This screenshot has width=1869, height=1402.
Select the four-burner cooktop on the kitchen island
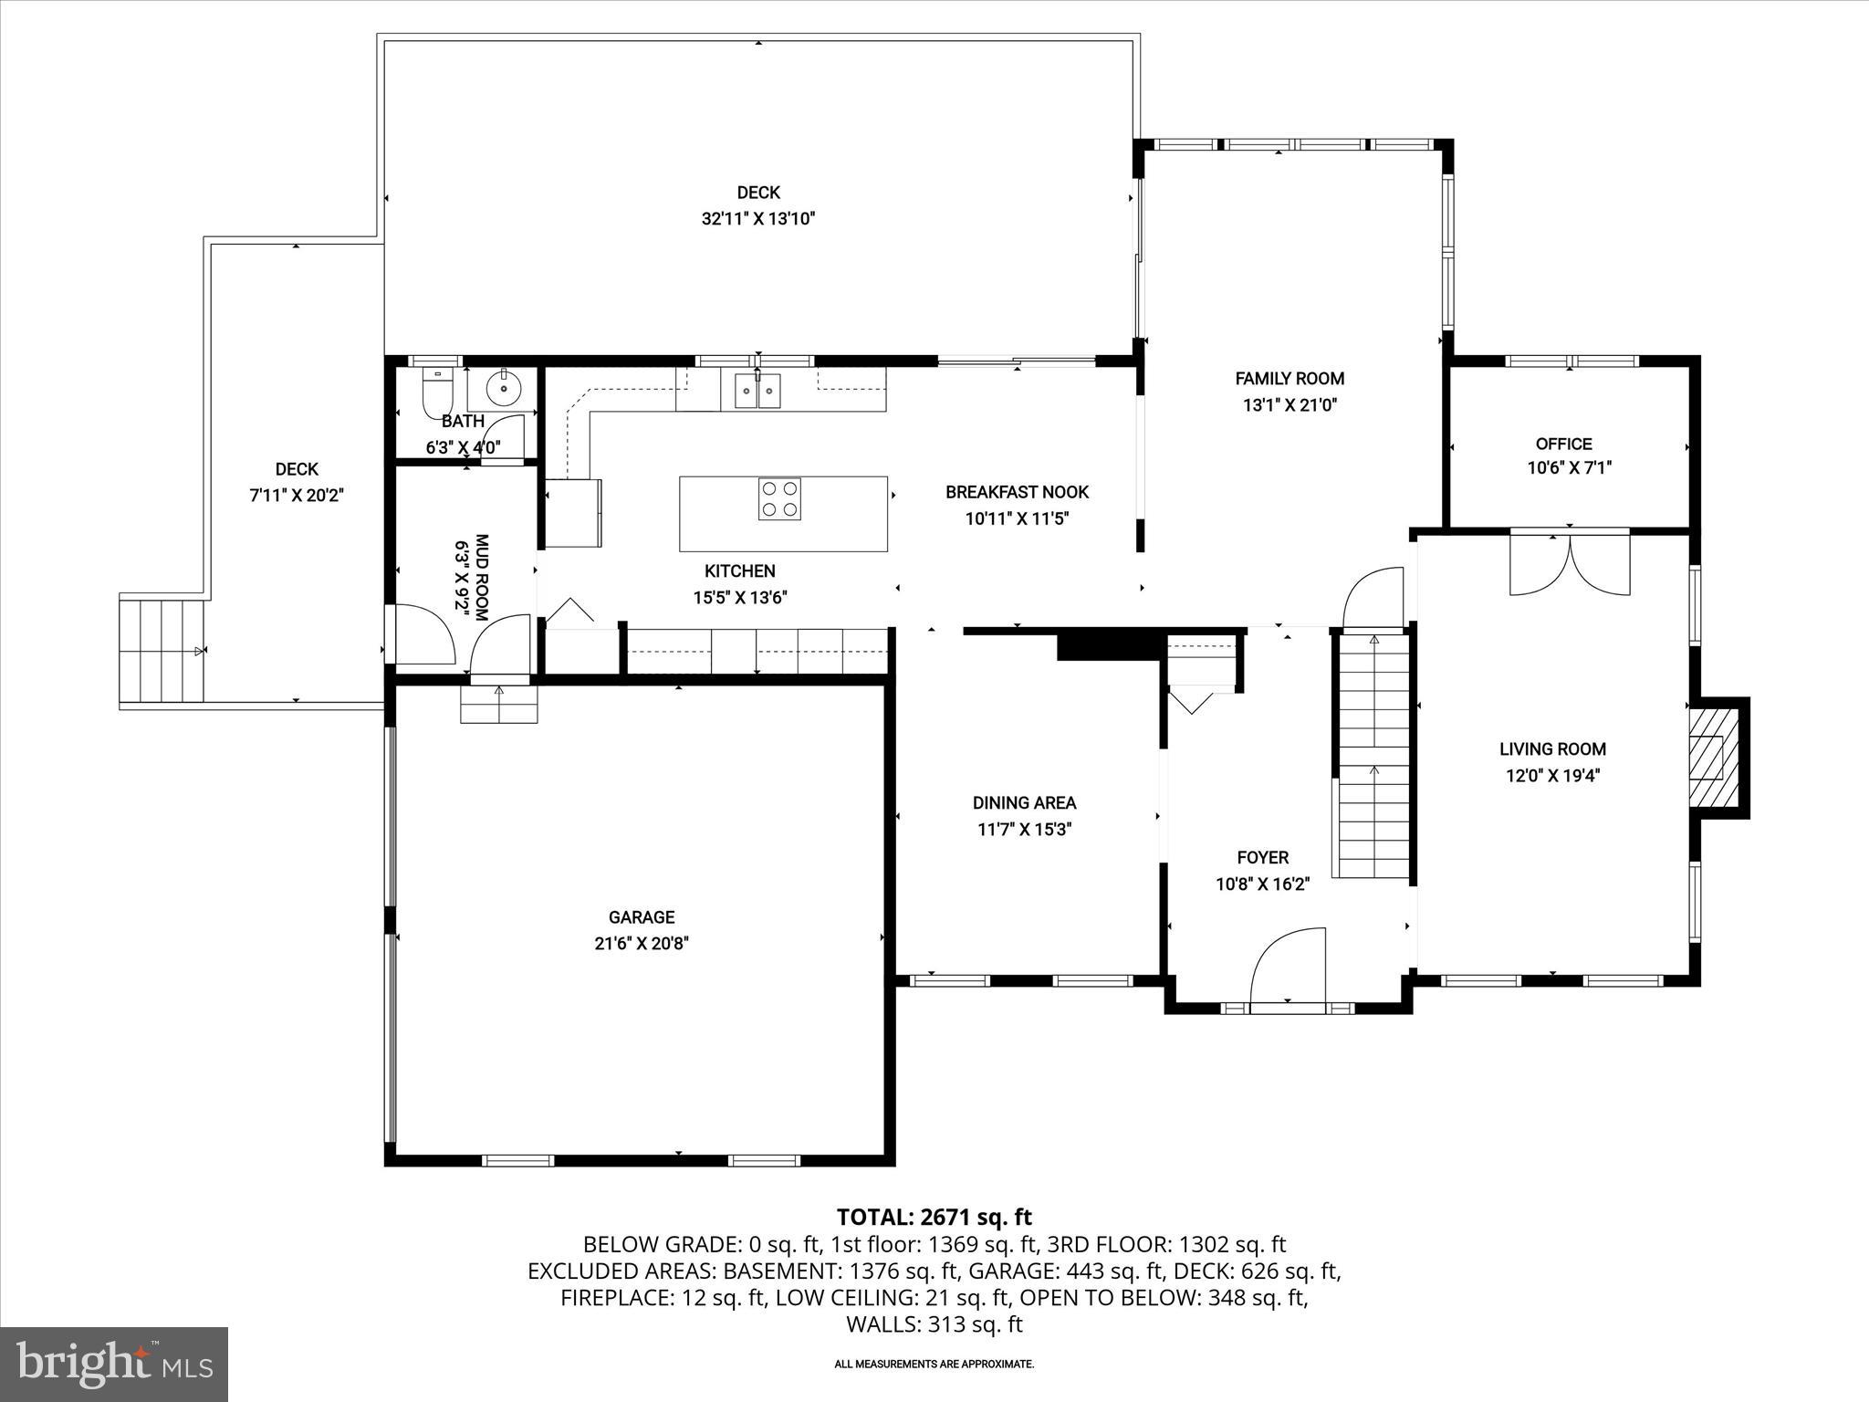779,499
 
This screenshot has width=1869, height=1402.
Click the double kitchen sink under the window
757,392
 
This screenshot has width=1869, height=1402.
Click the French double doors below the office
1570,564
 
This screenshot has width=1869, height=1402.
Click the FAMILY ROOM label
1290,379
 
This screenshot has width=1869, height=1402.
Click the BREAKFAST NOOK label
1017,492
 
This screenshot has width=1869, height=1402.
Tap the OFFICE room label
1563,445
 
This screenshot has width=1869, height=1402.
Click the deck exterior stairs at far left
162,650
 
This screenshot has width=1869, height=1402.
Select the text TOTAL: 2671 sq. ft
934,1217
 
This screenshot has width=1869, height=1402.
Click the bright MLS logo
114,1364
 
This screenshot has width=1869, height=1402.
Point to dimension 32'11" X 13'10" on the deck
757,219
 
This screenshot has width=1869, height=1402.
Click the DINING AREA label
1024,803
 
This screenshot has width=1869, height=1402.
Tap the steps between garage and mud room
498,704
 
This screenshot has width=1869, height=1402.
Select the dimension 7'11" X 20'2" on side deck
297,496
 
